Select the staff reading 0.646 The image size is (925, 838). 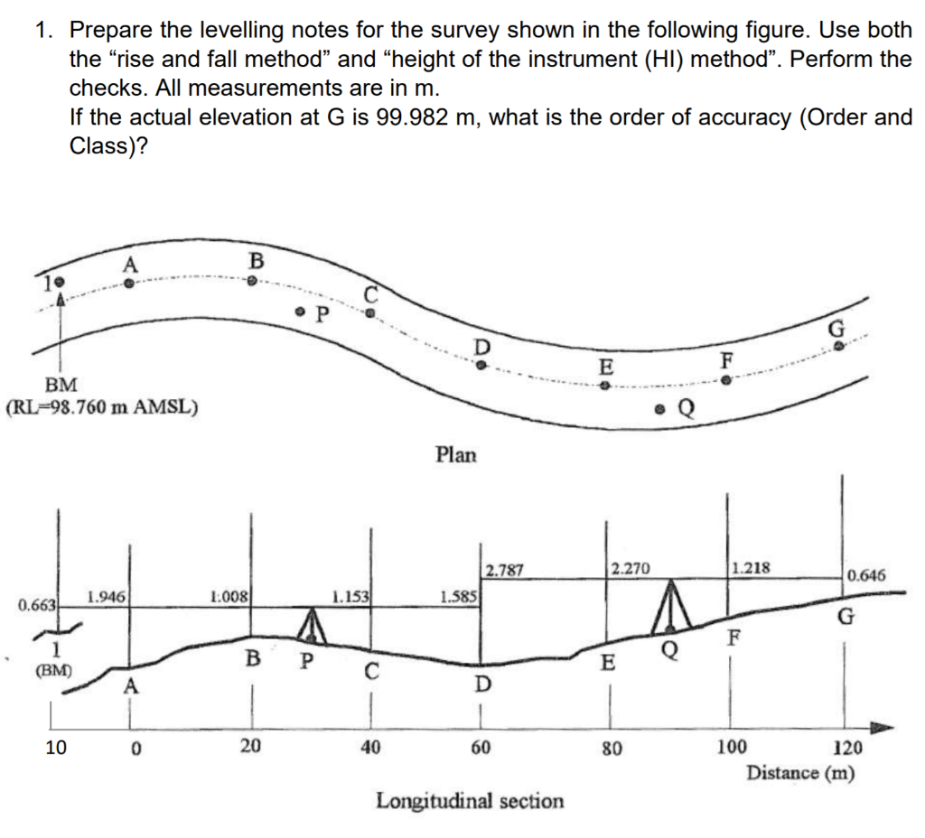[x=867, y=574]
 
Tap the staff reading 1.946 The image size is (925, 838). [x=106, y=596]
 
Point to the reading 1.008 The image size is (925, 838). [x=228, y=596]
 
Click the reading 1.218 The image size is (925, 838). [x=751, y=569]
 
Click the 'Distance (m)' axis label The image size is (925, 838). [x=800, y=773]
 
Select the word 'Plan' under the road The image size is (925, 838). [x=455, y=454]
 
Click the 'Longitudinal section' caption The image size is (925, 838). [x=470, y=800]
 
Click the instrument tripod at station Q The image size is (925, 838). [x=669, y=606]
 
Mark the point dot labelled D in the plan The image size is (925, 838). [x=482, y=366]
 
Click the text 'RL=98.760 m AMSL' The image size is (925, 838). [x=102, y=406]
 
